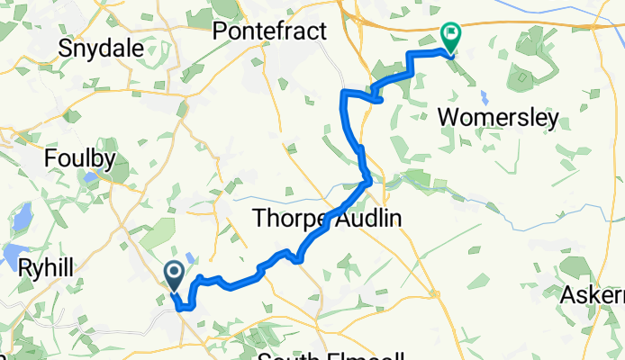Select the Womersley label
tap(497, 118)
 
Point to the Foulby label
tap(81, 160)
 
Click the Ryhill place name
tap(48, 267)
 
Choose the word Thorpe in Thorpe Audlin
tap(287, 219)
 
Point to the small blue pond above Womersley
tap(485, 95)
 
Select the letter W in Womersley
tap(446, 118)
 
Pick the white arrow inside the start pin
tap(174, 271)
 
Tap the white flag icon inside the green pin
tap(450, 33)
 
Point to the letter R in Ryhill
tap(24, 267)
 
